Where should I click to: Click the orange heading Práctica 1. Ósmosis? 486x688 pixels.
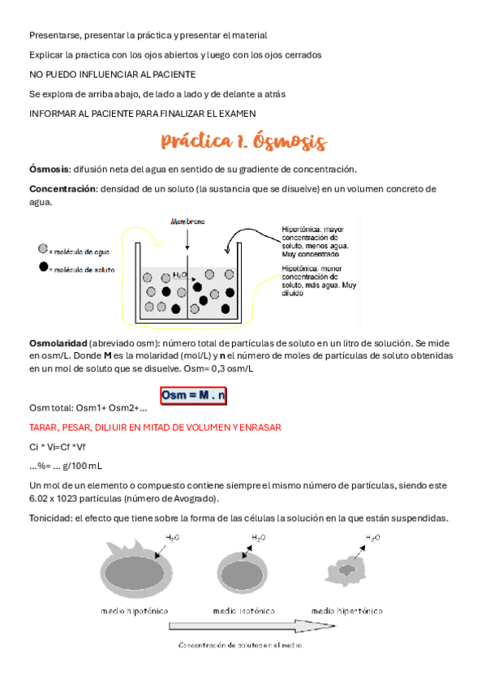[x=243, y=143]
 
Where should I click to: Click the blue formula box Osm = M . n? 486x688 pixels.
[x=193, y=396]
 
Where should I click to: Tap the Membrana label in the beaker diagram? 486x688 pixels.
[x=187, y=221]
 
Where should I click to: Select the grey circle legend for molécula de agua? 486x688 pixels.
[x=43, y=252]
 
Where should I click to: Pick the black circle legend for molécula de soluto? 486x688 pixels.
[x=43, y=268]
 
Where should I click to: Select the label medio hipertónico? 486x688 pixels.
[x=347, y=610]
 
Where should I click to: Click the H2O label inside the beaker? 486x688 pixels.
[x=180, y=276]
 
